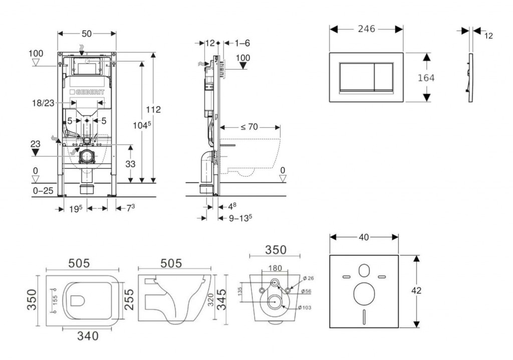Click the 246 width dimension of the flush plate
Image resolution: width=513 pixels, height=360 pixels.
366,29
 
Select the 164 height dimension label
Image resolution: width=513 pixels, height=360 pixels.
426,78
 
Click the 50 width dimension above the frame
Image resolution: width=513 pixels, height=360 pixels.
87,34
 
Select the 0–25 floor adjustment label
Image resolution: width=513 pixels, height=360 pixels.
43,191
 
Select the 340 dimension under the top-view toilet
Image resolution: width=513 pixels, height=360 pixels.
87,335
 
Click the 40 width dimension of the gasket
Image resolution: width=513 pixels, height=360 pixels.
364,236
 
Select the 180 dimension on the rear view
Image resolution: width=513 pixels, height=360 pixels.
275,268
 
